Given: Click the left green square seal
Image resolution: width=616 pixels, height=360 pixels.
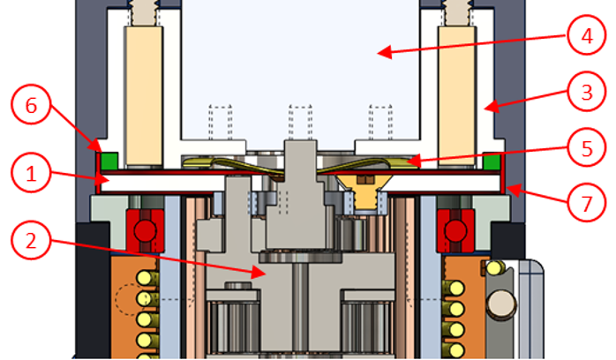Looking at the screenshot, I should [110, 161].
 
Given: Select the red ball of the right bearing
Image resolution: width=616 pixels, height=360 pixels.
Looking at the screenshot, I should [456, 229].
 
